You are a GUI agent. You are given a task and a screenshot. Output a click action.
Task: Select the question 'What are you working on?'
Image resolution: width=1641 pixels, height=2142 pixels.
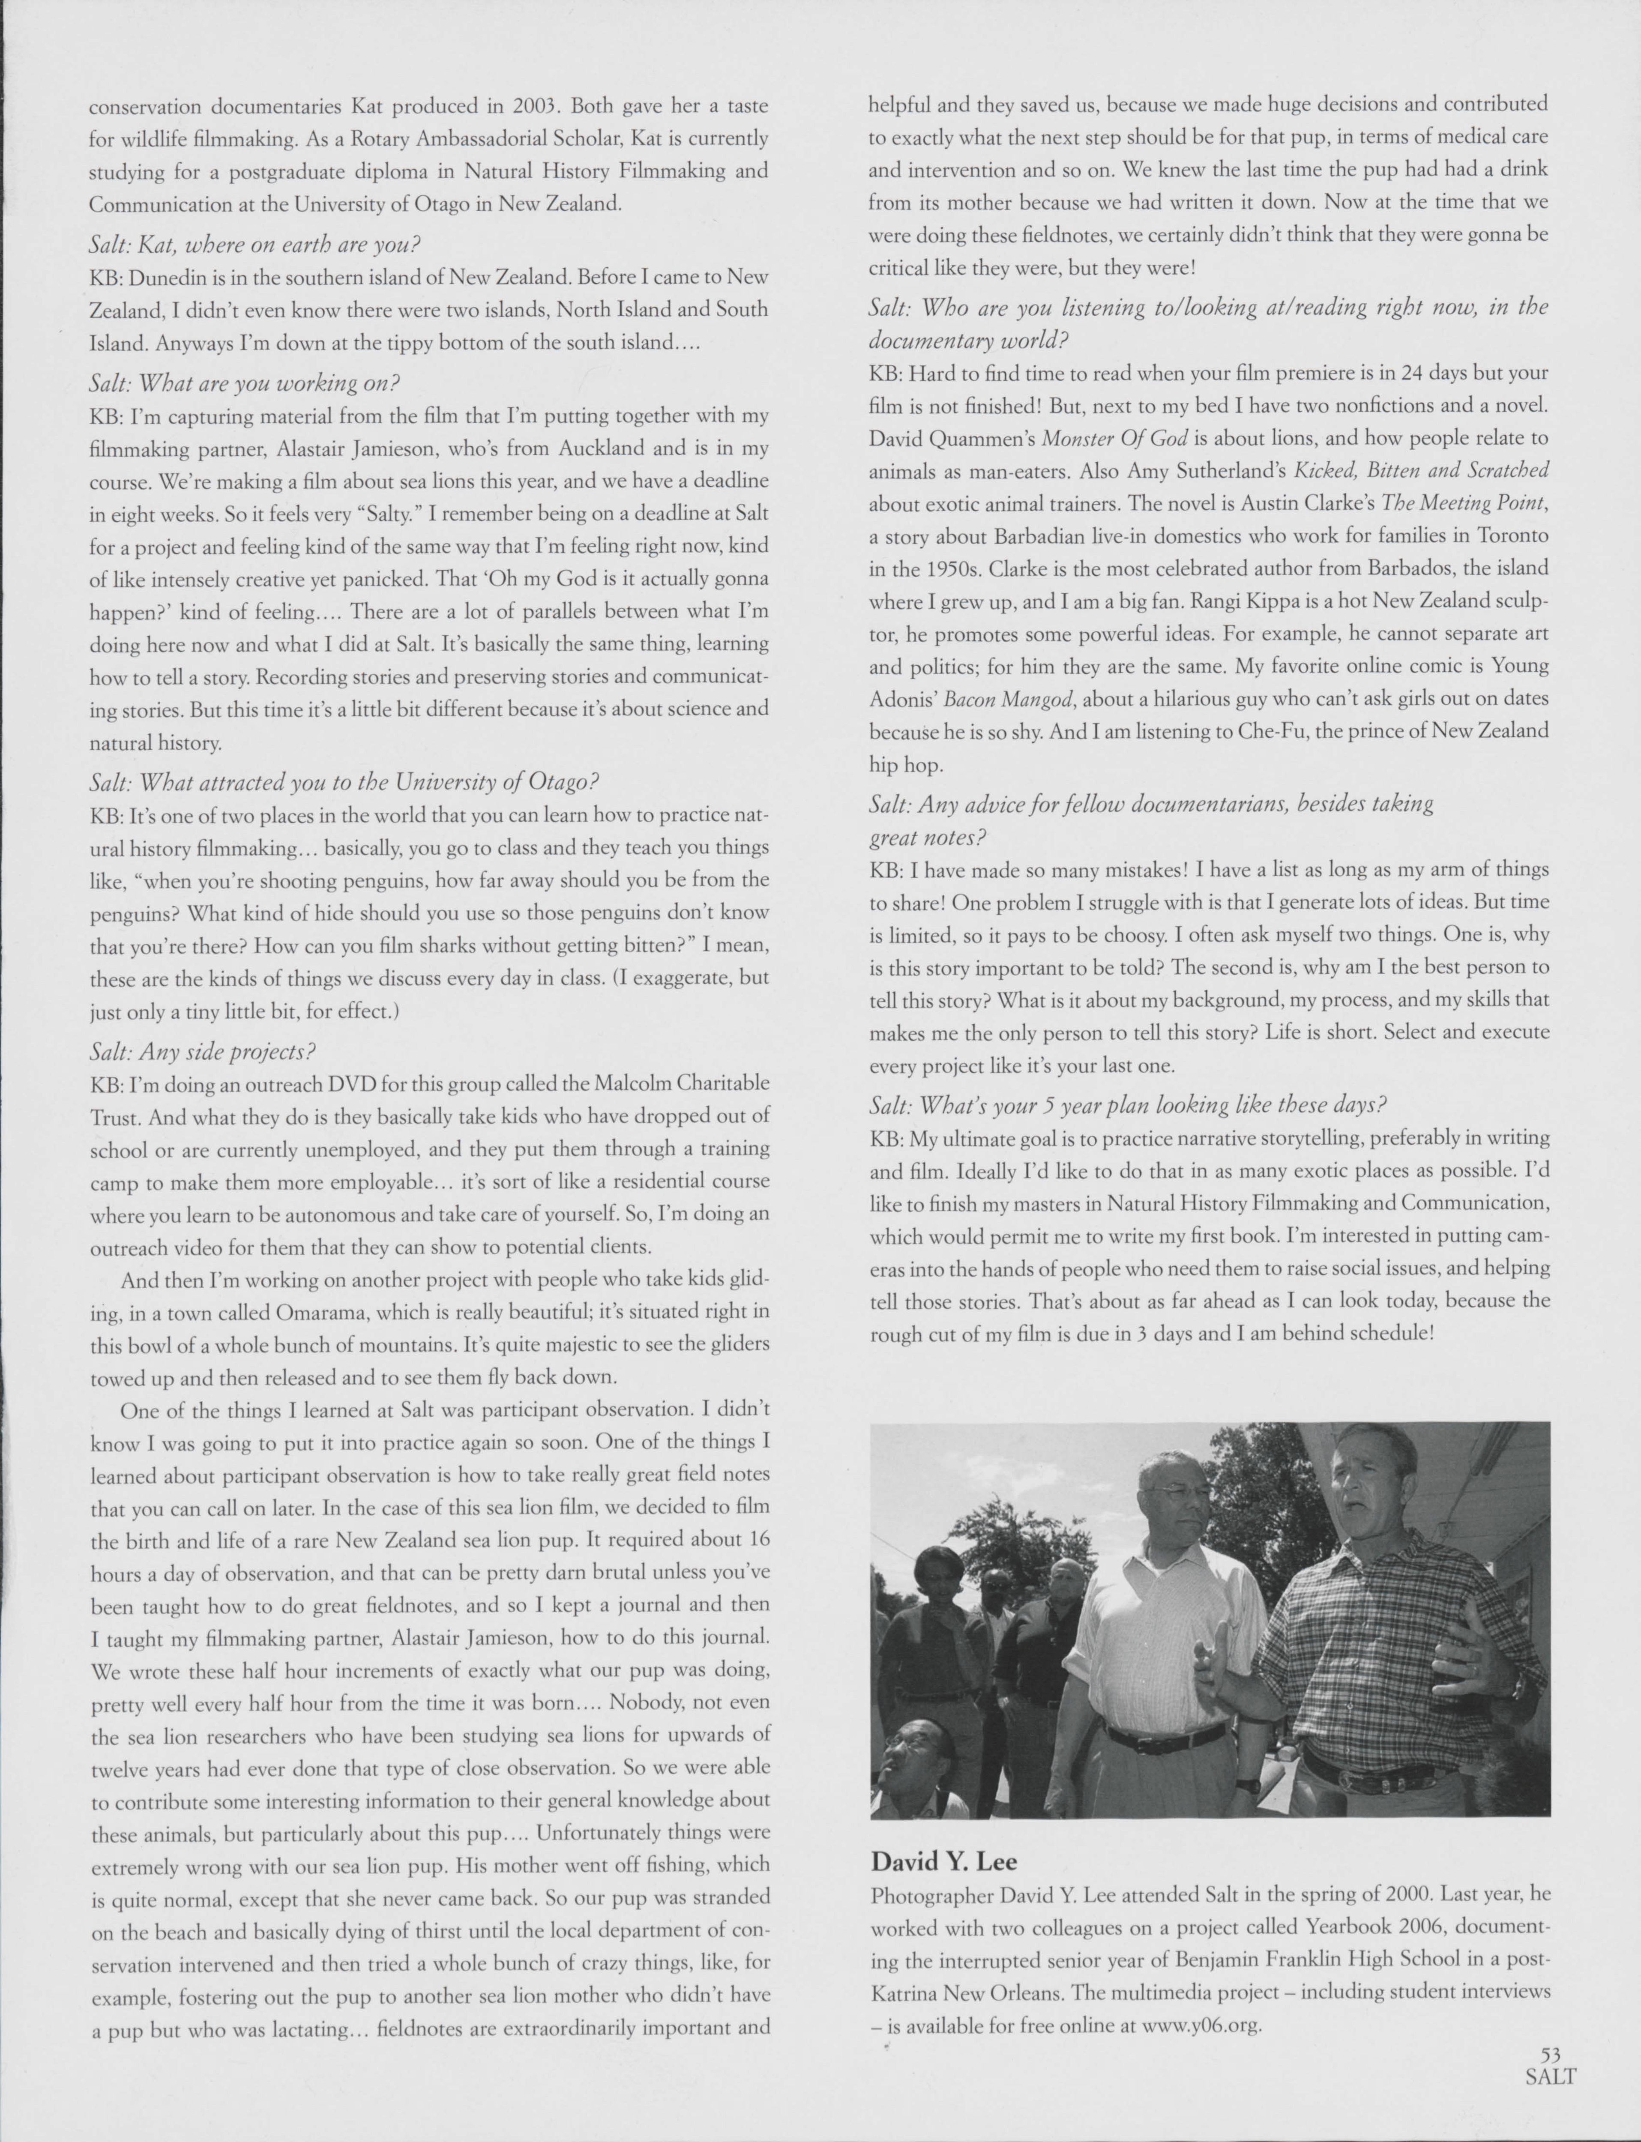click(244, 383)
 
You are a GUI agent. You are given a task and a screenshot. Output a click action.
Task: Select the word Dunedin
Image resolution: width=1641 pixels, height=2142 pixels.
click(162, 278)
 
